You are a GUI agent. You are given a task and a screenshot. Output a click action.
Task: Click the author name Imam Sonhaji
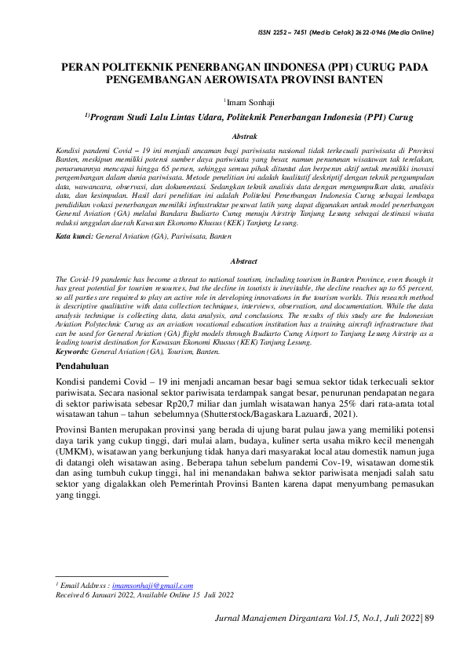(247, 100)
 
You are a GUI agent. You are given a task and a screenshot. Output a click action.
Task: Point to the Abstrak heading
(233, 136)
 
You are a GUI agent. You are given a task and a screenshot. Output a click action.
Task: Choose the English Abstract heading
(244, 260)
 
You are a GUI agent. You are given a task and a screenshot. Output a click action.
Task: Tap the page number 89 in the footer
(429, 618)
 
